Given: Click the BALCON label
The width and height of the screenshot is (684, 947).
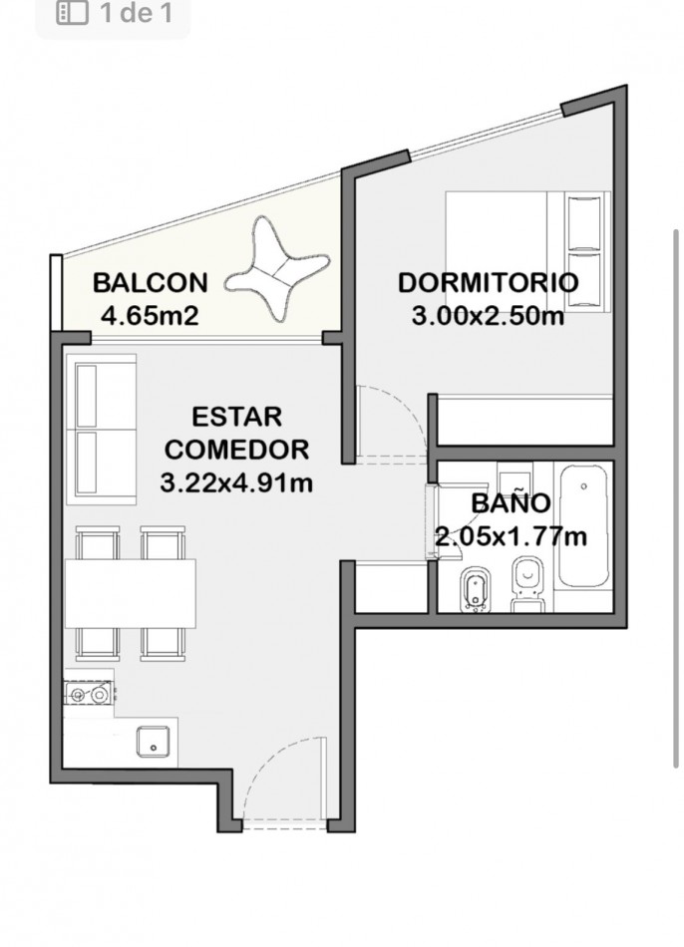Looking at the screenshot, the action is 150,283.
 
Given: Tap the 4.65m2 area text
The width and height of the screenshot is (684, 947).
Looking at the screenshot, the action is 150,315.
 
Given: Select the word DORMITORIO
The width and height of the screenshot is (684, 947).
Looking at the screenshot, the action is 489,283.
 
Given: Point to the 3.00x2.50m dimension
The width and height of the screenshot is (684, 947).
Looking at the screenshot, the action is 488,315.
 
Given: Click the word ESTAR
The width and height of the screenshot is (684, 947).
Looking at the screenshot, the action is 237,417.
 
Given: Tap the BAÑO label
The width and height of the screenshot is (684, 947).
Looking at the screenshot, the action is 511,503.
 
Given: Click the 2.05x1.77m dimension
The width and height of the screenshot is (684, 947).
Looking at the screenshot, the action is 512,535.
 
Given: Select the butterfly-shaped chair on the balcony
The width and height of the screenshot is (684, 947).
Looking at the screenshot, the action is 277,269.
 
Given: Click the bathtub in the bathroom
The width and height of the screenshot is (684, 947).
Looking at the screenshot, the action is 582,524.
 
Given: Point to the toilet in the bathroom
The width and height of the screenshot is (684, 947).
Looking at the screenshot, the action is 528,584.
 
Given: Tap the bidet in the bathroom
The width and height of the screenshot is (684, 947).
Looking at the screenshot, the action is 477,590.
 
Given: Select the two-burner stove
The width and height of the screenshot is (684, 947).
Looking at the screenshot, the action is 89,695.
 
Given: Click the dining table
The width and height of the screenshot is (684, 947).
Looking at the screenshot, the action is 131,593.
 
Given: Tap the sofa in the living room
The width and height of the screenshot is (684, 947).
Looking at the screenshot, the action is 101,430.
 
